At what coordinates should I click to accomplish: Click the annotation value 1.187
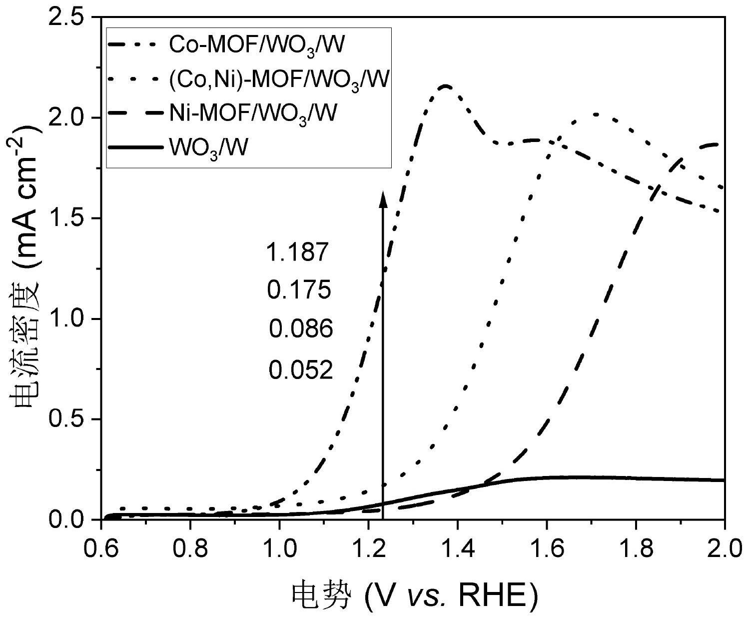(297, 252)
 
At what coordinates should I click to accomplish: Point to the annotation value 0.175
(299, 290)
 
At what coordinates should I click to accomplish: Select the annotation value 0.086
(301, 329)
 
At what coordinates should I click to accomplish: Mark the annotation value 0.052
(301, 370)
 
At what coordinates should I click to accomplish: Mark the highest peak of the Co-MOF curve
(445, 86)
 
